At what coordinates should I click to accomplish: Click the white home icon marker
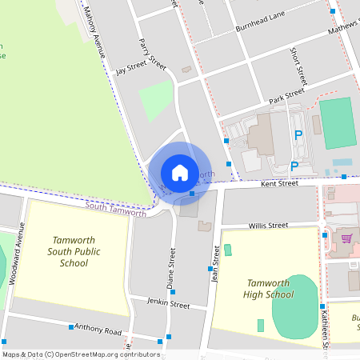[x=180, y=172]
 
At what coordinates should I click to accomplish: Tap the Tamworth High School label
[x=269, y=289]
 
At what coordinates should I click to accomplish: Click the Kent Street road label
[x=279, y=183]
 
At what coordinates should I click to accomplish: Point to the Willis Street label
[x=267, y=226]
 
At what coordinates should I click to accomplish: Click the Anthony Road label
[x=98, y=330]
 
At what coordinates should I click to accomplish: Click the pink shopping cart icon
[x=346, y=238]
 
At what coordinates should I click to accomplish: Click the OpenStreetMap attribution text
[x=80, y=354]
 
